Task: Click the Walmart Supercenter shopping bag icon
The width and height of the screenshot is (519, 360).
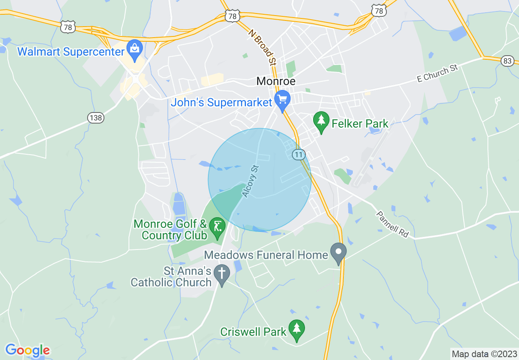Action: [x=134, y=48]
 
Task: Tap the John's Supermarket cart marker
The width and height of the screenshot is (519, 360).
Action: [x=282, y=100]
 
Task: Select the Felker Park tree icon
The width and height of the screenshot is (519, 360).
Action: [x=321, y=121]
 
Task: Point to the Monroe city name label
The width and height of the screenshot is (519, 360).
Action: [x=276, y=81]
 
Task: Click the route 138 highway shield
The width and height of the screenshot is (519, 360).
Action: [x=95, y=118]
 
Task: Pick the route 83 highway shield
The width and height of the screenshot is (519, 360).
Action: [x=507, y=61]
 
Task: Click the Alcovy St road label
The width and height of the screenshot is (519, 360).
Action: [x=251, y=181]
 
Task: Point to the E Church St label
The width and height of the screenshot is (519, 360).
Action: [x=437, y=73]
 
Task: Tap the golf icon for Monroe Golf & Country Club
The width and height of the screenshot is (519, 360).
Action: [x=217, y=226]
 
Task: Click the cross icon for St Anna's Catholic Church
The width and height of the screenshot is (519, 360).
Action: [x=222, y=273]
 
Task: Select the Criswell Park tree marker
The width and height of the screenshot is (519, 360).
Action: [x=296, y=329]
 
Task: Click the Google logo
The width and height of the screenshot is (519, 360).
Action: [x=27, y=350]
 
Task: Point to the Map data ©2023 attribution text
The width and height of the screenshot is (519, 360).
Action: [x=483, y=354]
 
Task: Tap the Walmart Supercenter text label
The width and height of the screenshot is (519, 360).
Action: [x=70, y=52]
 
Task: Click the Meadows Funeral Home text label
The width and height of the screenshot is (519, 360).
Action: [x=266, y=255]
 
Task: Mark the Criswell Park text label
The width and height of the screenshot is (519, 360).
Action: [x=253, y=331]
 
